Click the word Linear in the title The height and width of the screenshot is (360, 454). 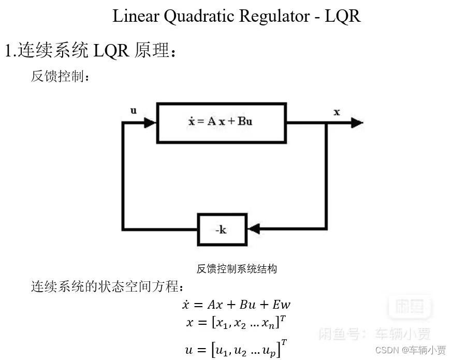pyautogui.click(x=136, y=16)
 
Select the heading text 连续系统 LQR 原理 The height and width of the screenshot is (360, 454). pyautogui.click(x=91, y=51)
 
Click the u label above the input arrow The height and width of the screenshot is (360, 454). pyautogui.click(x=134, y=110)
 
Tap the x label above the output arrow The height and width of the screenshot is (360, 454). pyautogui.click(x=336, y=112)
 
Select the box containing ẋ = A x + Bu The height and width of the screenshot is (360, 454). pyautogui.click(x=221, y=122)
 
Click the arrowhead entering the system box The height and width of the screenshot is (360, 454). pyautogui.click(x=150, y=123)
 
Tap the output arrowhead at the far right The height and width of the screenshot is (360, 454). pyautogui.click(x=357, y=123)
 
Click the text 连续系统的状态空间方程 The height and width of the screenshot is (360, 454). pyautogui.click(x=107, y=286)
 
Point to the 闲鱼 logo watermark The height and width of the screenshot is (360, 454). pyautogui.click(x=410, y=307)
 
